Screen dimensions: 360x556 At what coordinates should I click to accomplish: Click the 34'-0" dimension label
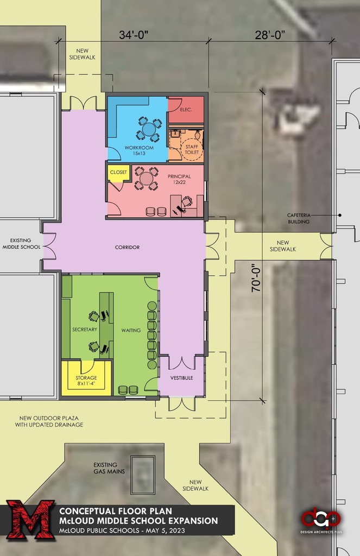134,35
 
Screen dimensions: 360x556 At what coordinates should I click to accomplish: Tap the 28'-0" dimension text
270,35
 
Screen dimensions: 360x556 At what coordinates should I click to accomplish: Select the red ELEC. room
186,110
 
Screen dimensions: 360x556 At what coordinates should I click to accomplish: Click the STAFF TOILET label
192,149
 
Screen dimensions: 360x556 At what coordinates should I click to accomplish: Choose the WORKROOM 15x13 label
139,150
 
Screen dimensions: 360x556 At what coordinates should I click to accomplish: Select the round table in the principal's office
146,178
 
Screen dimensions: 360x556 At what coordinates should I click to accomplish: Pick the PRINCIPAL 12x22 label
179,179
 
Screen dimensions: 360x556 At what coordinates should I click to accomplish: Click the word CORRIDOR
127,247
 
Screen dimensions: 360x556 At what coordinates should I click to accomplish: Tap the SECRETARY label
85,330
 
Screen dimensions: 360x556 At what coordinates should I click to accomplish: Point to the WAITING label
131,330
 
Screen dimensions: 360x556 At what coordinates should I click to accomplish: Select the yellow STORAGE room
86,378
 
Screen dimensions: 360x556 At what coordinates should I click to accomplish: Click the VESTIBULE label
181,378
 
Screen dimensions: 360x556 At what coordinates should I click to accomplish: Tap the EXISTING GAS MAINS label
109,468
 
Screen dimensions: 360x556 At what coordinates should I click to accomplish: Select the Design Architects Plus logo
321,522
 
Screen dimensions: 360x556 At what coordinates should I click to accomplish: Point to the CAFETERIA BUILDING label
299,218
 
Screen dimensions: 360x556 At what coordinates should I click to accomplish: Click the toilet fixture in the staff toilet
198,135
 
